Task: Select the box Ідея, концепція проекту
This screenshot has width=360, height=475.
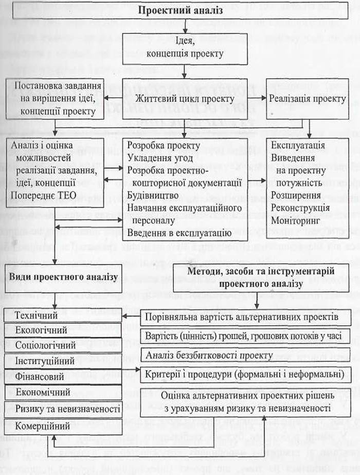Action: tap(185, 48)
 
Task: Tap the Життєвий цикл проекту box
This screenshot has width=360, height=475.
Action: tap(185, 99)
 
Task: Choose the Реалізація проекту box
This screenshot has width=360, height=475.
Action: tap(308, 99)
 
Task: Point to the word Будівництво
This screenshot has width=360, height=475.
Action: tap(153, 196)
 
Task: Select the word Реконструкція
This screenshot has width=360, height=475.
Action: tap(300, 207)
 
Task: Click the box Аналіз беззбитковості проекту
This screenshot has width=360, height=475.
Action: tap(209, 355)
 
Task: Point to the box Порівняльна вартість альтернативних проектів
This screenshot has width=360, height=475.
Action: tap(242, 316)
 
